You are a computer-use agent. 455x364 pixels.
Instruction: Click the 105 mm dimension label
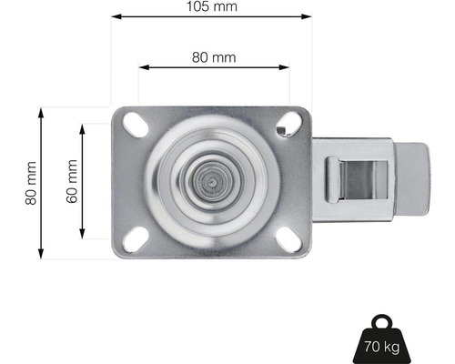pos(212,6)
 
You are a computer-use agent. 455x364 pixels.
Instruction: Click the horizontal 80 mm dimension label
pos(213,56)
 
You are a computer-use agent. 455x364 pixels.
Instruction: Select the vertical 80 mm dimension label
pos(31,182)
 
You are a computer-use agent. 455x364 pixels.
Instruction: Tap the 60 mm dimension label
pos(72,181)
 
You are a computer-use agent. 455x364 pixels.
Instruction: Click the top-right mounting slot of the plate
pos(291,125)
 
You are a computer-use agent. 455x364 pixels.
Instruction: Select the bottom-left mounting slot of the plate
pos(136,238)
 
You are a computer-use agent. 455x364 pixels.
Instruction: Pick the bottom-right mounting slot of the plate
pos(291,238)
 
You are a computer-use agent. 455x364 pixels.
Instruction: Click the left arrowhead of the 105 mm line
pos(115,16)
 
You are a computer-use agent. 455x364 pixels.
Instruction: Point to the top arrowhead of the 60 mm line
pos(83,128)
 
